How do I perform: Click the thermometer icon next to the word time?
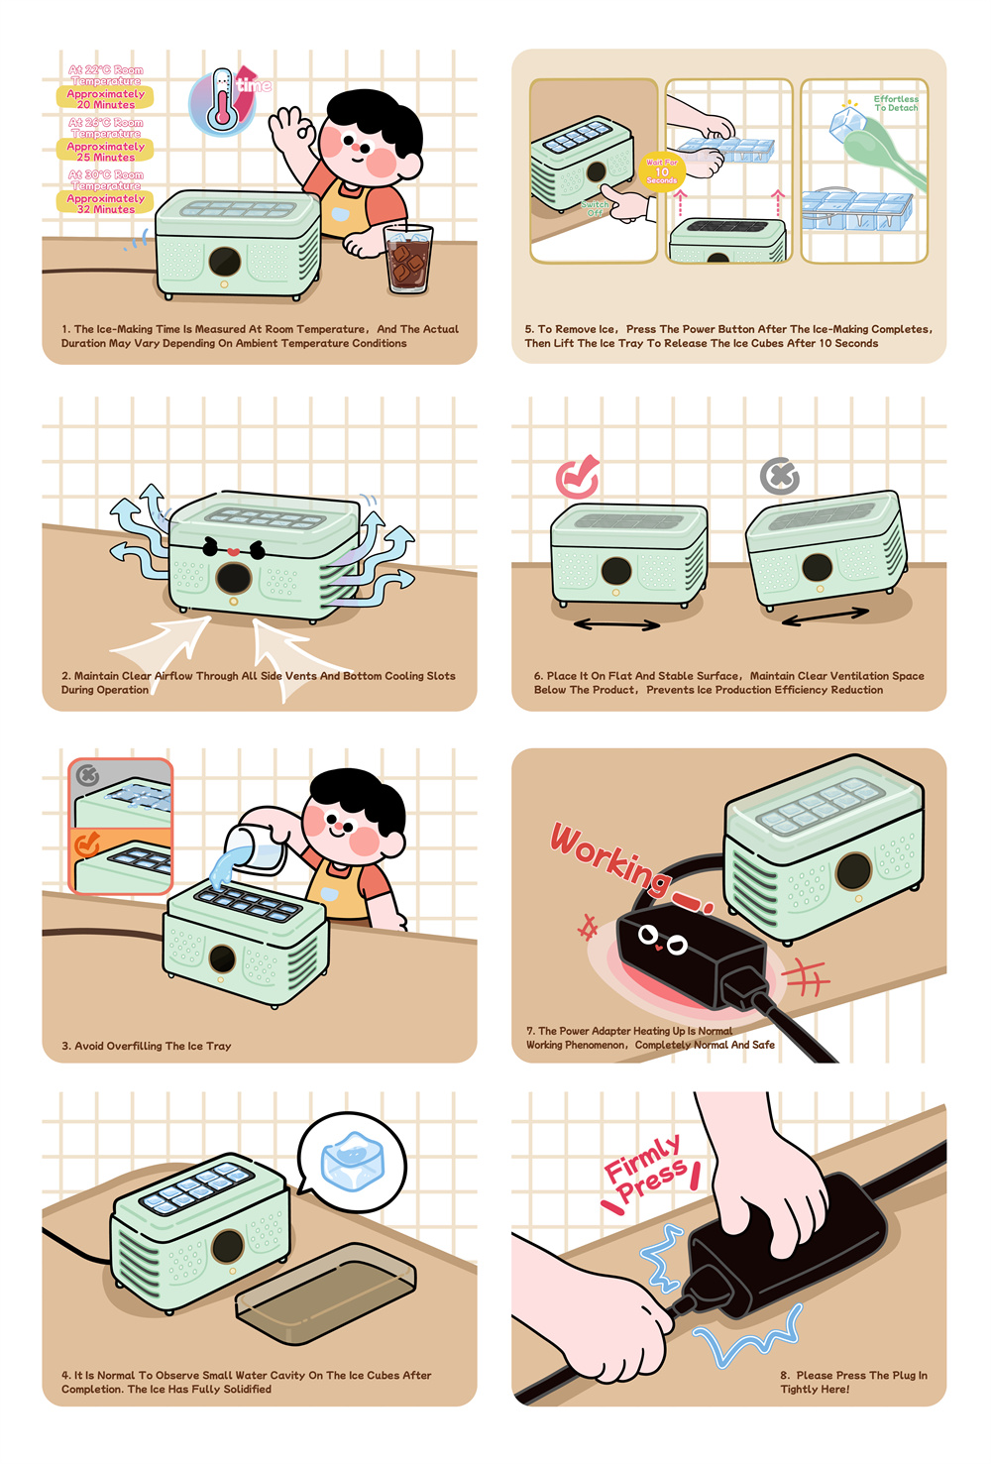click(x=222, y=100)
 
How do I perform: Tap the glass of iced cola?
click(x=407, y=258)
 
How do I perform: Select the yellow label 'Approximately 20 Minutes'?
click(x=105, y=99)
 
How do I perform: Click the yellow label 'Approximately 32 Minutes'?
click(x=105, y=203)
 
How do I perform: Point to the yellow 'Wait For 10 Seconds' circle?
click(x=662, y=171)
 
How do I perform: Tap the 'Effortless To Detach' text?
click(x=896, y=103)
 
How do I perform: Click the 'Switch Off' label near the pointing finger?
click(x=595, y=208)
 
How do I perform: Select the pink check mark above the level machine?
click(x=578, y=477)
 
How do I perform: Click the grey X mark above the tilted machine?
click(x=779, y=477)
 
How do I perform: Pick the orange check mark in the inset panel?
click(x=86, y=845)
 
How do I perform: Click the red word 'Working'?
click(x=610, y=856)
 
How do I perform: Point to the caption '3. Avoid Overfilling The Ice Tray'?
click(x=147, y=1046)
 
